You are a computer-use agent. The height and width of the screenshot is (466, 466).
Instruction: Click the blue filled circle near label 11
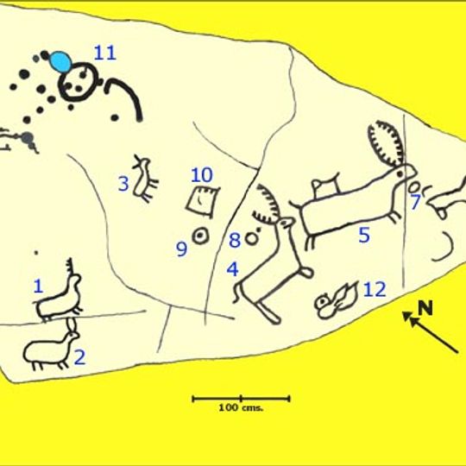pos(60,62)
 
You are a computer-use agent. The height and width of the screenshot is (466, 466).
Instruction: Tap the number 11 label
pos(104,53)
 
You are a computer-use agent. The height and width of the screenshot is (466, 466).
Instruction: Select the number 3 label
pos(123,184)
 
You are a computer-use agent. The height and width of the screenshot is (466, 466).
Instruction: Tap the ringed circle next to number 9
pos(201,235)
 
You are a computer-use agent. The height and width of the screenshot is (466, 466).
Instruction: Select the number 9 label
pos(181,249)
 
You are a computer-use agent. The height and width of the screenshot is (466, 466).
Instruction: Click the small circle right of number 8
pos(253,237)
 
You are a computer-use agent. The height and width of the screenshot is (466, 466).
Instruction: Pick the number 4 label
pos(232,268)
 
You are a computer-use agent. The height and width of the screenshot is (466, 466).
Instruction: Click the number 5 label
pos(363,234)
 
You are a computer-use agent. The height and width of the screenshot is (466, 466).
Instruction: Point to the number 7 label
pos(415,203)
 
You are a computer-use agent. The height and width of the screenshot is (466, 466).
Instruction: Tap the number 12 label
pos(374,289)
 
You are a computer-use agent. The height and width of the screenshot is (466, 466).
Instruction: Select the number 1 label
pos(38,286)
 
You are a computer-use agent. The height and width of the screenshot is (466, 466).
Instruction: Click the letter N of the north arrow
pos(425,308)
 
